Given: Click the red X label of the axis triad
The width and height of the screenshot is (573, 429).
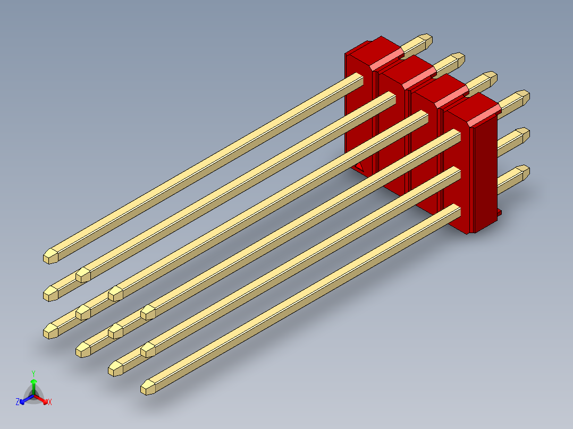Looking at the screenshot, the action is pyautogui.click(x=50, y=402).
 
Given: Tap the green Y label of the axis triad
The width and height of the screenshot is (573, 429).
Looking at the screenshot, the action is pyautogui.click(x=33, y=373).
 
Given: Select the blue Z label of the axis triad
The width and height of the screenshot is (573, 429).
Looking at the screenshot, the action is pyautogui.click(x=18, y=402).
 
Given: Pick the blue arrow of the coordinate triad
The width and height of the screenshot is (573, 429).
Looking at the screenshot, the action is pyautogui.click(x=26, y=399).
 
